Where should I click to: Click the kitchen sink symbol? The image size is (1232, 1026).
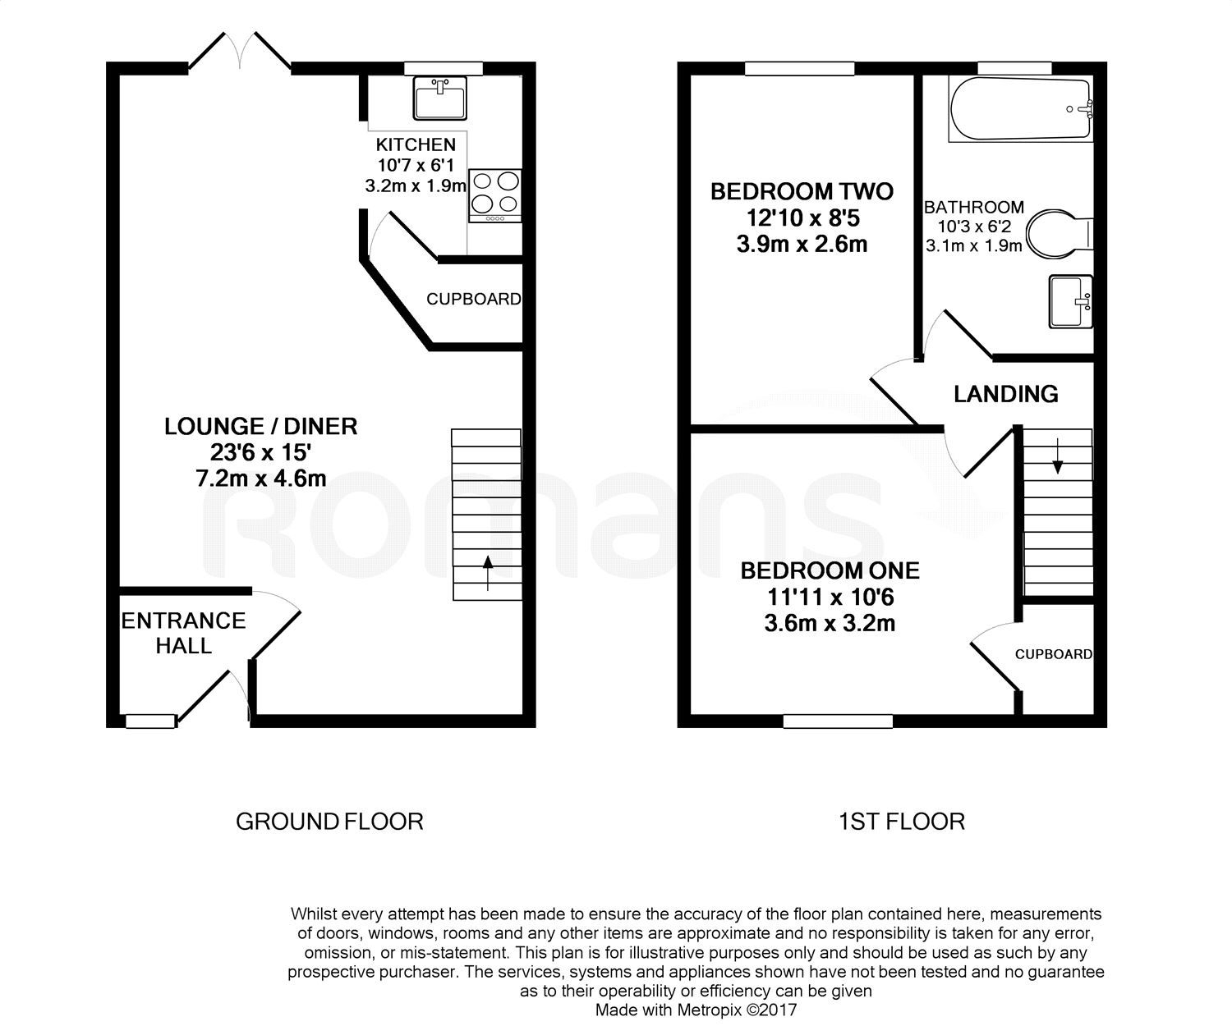click(x=440, y=98)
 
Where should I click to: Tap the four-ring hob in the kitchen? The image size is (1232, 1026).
click(x=495, y=195)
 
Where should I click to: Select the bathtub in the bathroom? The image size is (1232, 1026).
click(x=1021, y=109)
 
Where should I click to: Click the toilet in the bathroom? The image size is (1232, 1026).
click(x=1060, y=233)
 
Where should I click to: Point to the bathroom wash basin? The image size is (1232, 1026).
click(x=1071, y=301)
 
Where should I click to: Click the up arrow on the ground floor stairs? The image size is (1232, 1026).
click(x=488, y=573)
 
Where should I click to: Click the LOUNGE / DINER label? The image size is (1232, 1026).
click(x=261, y=426)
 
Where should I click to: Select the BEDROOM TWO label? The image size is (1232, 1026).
click(x=802, y=192)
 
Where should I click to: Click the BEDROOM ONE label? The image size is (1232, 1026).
click(x=830, y=570)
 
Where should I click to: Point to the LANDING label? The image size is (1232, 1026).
click(x=1005, y=395)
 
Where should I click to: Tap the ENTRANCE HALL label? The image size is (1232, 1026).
click(x=184, y=633)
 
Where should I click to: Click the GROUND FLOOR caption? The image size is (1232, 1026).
click(x=329, y=821)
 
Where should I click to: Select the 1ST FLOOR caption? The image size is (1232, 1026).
click(x=901, y=821)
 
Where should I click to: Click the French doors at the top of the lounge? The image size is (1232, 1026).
click(x=240, y=53)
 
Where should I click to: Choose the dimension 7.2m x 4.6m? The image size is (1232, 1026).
click(x=261, y=479)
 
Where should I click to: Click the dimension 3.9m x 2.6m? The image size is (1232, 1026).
click(x=802, y=245)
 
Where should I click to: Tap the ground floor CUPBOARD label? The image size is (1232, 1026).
click(x=473, y=300)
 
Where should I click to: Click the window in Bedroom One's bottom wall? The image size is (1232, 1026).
click(x=838, y=721)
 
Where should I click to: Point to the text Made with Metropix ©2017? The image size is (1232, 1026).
click(x=696, y=1010)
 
